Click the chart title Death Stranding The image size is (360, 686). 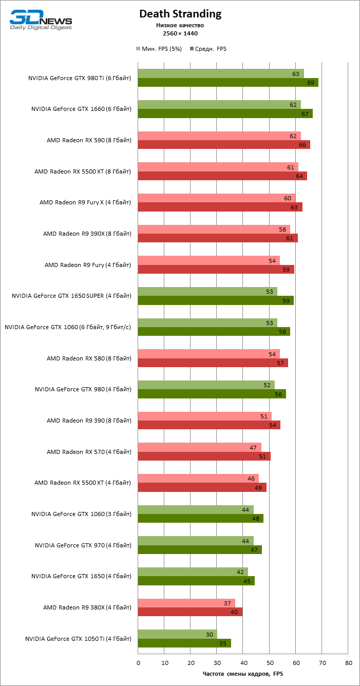pyautogui.click(x=180, y=14)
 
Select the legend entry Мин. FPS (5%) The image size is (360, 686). pyautogui.click(x=159, y=49)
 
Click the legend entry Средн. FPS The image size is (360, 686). pyautogui.click(x=208, y=49)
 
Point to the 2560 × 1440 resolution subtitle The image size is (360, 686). pyautogui.click(x=180, y=33)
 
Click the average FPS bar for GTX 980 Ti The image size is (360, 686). pyautogui.click(x=228, y=82)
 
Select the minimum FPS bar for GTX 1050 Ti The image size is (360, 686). pyautogui.click(x=177, y=634)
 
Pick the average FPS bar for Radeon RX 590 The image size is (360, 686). pyautogui.click(x=224, y=145)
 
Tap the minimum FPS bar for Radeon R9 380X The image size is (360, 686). pyautogui.click(x=186, y=603)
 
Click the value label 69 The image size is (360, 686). pyautogui.click(x=311, y=83)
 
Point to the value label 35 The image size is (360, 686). pyautogui.click(x=223, y=643)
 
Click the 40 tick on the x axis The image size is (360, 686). pyautogui.click(x=243, y=663)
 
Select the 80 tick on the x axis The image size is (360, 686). pyautogui.click(x=348, y=663)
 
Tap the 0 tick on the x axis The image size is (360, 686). pyautogui.click(x=138, y=663)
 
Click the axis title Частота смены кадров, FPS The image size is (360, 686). pyautogui.click(x=243, y=674)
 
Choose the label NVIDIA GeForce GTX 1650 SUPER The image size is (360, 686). pyautogui.click(x=71, y=296)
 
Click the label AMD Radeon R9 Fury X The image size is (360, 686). pyautogui.click(x=85, y=202)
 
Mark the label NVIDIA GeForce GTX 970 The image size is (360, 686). pyautogui.click(x=83, y=545)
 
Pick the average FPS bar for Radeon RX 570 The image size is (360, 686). pyautogui.click(x=204, y=456)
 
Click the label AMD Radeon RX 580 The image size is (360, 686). pyautogui.click(x=89, y=358)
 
